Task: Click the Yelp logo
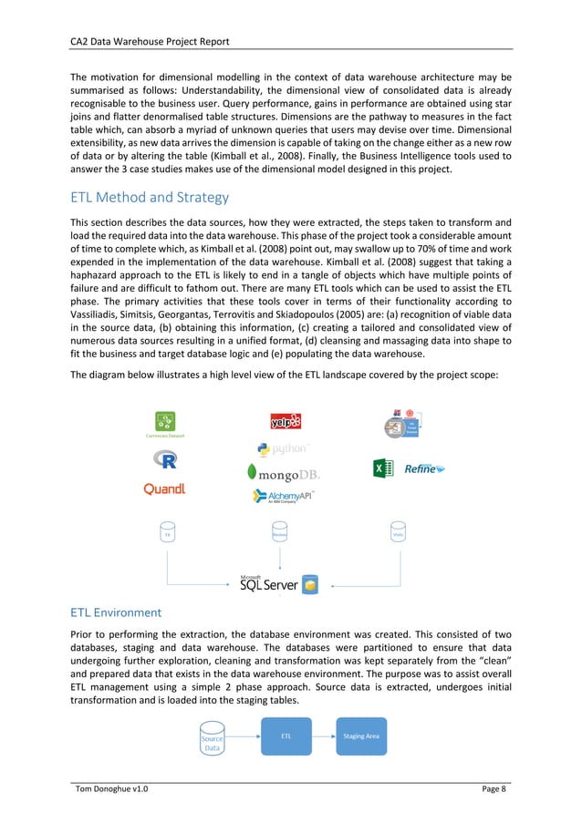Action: click(x=286, y=421)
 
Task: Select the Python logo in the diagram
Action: click(x=284, y=448)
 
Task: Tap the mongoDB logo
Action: click(x=284, y=474)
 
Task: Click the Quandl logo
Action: click(x=165, y=489)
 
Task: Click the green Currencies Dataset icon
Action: click(x=165, y=420)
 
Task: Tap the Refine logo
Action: click(x=425, y=468)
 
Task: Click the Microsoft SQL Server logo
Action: click(x=278, y=583)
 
